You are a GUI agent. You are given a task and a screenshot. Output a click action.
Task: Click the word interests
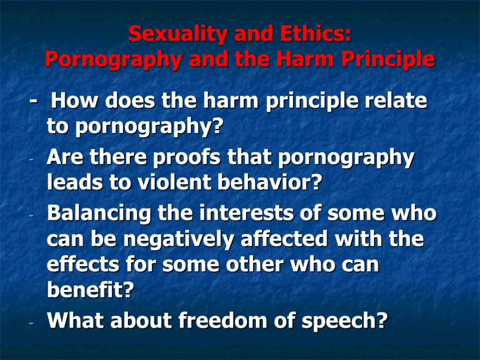231,214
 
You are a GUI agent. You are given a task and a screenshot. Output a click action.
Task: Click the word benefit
90,291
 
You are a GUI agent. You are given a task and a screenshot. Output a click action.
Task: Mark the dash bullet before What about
31,324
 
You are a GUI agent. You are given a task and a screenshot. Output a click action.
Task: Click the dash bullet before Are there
31,161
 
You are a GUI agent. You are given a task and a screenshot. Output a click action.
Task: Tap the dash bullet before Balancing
31,217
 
